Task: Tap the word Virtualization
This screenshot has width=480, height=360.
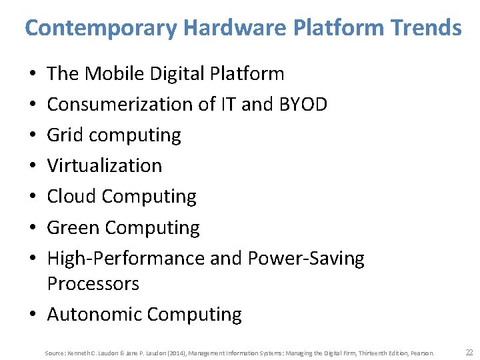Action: pos(105,165)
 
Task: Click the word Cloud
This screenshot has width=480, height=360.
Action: pos(72,197)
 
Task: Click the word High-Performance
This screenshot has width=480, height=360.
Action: pos(126,258)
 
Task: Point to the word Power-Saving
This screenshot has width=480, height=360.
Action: pos(306,258)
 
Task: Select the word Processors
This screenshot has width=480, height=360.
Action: pos(93,283)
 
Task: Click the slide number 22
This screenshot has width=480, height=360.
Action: pos(469,352)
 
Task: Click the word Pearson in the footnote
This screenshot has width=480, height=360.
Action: pos(421,353)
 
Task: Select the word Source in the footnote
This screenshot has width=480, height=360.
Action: pos(55,353)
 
